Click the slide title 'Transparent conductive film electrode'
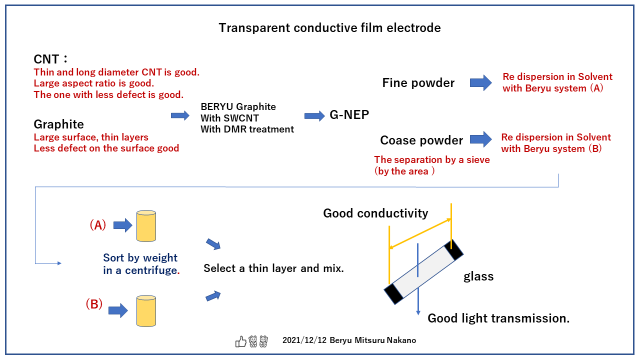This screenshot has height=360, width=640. [329, 28]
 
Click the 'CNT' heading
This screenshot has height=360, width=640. [46, 59]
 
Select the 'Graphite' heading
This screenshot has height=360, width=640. [58, 124]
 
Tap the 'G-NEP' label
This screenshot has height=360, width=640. [349, 115]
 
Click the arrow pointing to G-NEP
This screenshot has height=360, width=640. [314, 116]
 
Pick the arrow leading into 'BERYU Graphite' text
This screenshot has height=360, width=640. [180, 115]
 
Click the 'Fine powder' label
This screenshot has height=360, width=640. [418, 83]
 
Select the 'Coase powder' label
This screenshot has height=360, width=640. [421, 140]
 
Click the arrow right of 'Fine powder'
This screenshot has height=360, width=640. [480, 83]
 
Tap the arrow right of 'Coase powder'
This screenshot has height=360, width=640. [480, 139]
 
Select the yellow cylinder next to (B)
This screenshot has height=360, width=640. [146, 310]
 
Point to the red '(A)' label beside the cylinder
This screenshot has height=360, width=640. [98, 225]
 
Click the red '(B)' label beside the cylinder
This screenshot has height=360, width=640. [94, 304]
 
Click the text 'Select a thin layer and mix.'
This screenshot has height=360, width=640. [273, 268]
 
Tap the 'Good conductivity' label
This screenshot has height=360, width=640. [375, 213]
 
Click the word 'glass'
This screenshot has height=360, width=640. [478, 276]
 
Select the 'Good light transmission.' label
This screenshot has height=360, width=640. [498, 318]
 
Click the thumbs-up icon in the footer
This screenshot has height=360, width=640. [241, 341]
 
